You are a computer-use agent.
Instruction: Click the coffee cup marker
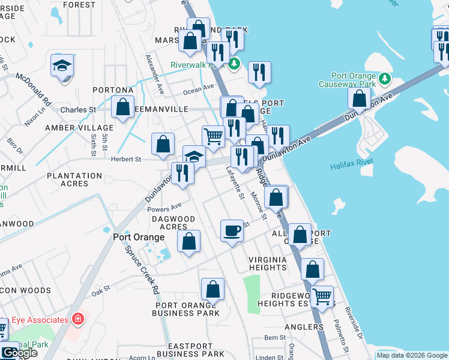click(232, 230)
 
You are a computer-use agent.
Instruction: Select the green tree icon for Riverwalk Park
click(236, 63)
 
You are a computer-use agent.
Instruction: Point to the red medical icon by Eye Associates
click(77, 318)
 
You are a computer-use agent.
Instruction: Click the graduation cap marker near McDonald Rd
click(62, 65)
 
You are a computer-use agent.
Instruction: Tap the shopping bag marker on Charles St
click(122, 107)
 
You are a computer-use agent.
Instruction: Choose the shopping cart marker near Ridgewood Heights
click(322, 296)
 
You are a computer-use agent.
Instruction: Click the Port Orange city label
click(139, 237)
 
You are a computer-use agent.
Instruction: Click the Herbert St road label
click(125, 160)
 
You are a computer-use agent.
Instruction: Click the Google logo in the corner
click(19, 353)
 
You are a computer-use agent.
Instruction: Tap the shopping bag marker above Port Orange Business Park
click(213, 290)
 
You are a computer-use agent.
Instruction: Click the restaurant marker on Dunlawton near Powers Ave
click(182, 173)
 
